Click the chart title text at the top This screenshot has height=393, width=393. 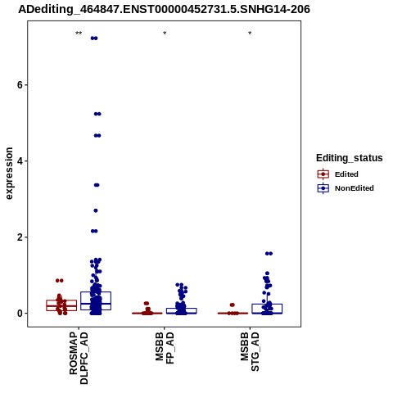click(164, 10)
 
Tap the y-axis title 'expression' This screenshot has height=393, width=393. click(9, 174)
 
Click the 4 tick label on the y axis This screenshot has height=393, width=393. click(20, 161)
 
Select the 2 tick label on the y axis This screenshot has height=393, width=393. click(20, 237)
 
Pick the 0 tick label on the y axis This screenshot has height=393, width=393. click(20, 314)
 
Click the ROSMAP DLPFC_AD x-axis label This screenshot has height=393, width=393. click(79, 358)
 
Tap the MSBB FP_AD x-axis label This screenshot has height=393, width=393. click(165, 348)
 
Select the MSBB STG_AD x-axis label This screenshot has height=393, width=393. click(250, 352)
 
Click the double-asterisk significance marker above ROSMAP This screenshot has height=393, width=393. click(79, 34)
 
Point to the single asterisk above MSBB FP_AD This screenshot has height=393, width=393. click(165, 34)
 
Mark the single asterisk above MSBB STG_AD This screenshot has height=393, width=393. click(250, 34)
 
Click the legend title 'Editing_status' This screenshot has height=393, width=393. click(350, 158)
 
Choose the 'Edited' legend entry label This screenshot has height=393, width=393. click(346, 174)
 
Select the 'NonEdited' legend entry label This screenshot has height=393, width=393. click(355, 188)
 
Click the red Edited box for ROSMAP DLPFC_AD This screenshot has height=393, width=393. click(47, 305)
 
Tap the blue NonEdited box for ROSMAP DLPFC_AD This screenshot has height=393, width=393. click(81, 301)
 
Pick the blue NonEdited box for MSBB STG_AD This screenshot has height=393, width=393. click(252, 309)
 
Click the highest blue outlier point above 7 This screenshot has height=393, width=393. click(94, 38)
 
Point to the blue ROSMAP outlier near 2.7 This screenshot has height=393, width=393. click(96, 210)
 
